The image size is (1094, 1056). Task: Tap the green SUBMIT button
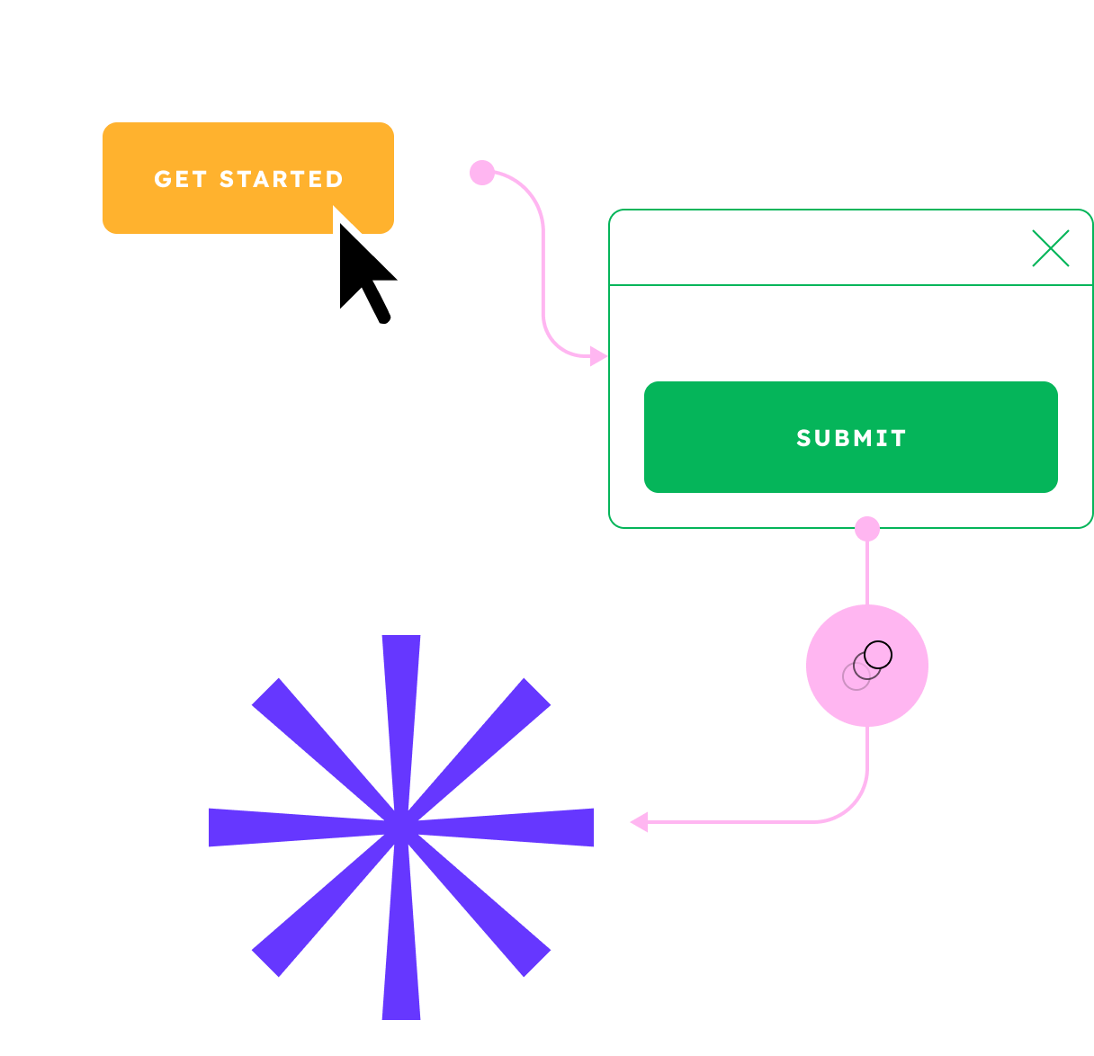click(x=850, y=437)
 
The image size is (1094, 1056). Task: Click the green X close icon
click(x=1050, y=249)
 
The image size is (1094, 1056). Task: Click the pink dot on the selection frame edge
click(x=482, y=173)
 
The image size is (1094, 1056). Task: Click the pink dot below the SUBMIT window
click(x=867, y=528)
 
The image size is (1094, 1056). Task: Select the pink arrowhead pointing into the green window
click(x=598, y=356)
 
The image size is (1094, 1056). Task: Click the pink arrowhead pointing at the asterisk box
click(x=639, y=821)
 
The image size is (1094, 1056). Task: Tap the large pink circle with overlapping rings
click(x=867, y=666)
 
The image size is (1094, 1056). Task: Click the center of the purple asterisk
click(x=401, y=828)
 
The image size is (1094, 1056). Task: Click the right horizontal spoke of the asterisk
click(x=540, y=828)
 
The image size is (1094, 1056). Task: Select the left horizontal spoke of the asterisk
click(x=261, y=828)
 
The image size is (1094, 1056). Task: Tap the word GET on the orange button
click(x=181, y=179)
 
